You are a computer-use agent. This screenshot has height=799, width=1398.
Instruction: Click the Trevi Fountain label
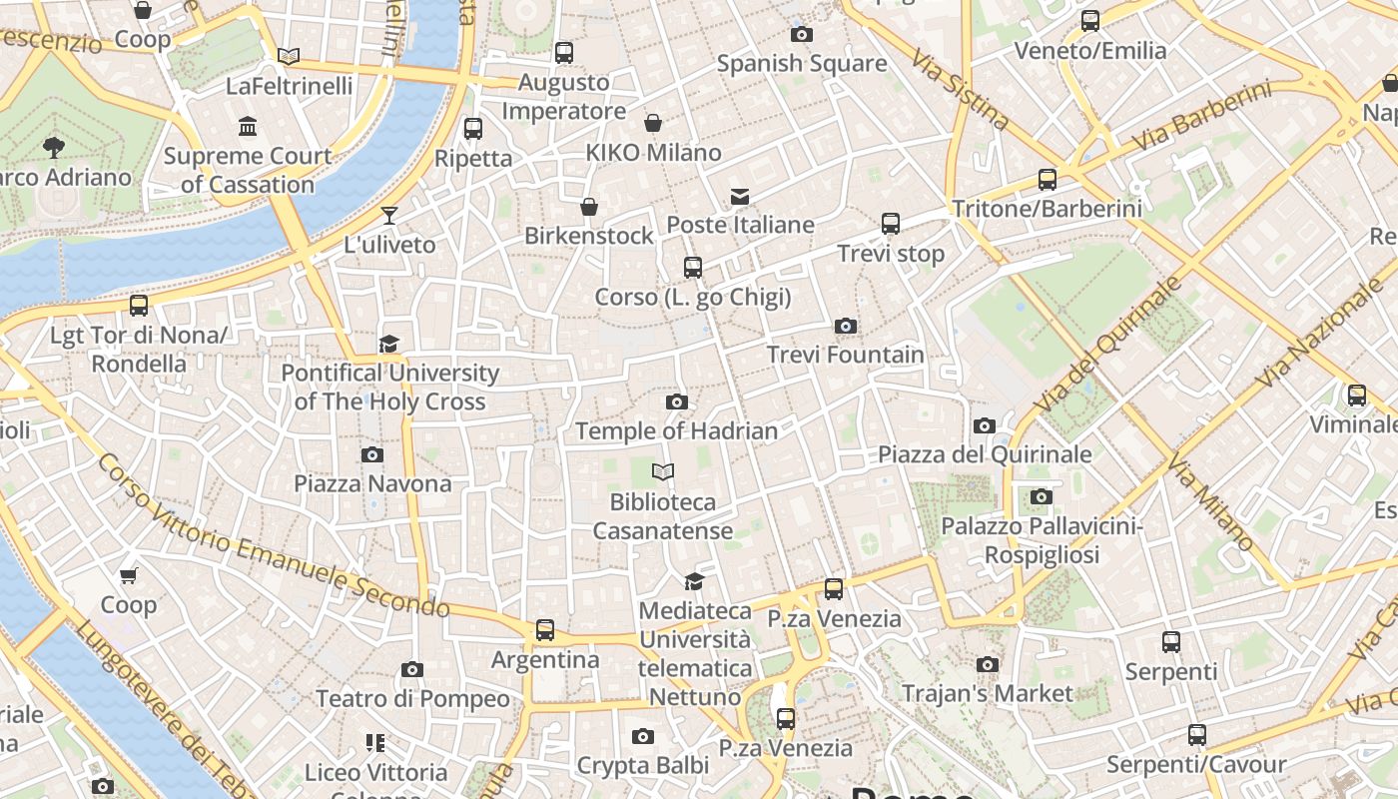click(845, 355)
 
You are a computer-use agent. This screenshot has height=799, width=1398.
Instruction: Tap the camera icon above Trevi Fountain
click(845, 326)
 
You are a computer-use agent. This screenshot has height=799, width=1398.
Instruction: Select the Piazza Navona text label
click(372, 483)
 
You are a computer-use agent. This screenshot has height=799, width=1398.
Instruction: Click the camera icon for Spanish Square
click(801, 34)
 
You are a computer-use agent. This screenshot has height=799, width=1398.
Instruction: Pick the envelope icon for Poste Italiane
click(739, 196)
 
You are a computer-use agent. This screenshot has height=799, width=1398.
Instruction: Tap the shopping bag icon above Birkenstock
click(589, 207)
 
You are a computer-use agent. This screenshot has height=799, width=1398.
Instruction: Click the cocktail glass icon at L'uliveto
click(388, 215)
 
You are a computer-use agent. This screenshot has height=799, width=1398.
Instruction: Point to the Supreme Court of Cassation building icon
click(247, 127)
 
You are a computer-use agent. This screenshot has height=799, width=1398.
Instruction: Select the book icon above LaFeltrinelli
click(289, 57)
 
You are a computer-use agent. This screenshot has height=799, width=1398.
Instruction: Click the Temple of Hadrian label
click(676, 430)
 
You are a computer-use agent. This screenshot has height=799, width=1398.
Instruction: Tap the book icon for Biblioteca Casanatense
click(662, 471)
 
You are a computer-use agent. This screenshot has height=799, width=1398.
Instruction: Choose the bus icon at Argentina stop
click(544, 630)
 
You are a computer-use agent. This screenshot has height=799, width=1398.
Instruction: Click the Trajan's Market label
click(987, 693)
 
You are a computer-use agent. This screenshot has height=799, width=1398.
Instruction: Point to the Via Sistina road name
click(960, 88)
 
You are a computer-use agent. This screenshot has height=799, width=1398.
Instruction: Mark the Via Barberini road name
click(1204, 122)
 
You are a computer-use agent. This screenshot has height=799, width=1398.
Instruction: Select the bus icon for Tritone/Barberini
click(1047, 180)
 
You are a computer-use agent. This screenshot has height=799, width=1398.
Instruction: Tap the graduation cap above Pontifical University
click(388, 344)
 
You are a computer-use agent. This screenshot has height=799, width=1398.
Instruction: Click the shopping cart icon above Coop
click(128, 575)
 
